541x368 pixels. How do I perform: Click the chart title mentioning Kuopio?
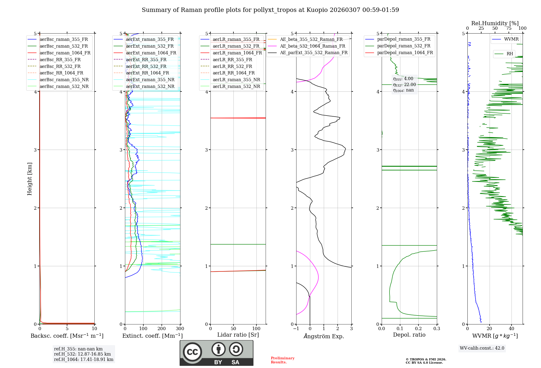[270, 10]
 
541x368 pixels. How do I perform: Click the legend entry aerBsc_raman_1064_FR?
[65, 53]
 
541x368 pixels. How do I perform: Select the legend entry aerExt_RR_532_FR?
[146, 66]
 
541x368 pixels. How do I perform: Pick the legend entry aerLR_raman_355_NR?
[236, 80]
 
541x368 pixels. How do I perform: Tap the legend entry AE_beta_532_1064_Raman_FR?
[312, 46]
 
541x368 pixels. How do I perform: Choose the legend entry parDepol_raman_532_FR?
[404, 46]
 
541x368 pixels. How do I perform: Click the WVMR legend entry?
[511, 39]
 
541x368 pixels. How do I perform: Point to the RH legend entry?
[510, 54]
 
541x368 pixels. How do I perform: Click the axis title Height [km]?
[29, 179]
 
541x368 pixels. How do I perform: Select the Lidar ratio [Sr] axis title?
[238, 335]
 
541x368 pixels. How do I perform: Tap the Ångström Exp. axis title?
[324, 336]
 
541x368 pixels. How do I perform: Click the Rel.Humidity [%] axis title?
[495, 23]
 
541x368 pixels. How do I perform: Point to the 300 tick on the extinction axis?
[180, 329]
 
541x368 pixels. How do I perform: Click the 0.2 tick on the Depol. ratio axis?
[418, 329]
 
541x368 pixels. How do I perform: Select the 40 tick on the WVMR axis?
[512, 329]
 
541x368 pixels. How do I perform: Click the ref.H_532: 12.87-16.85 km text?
[83, 354]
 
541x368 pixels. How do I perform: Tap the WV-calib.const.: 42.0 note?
[482, 348]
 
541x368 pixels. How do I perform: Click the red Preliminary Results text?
[282, 360]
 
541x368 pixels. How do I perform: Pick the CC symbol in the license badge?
[192, 352]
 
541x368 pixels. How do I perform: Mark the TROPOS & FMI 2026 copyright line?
[426, 359]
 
